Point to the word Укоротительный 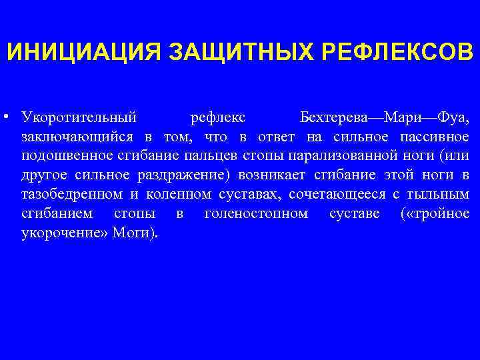click(x=79, y=118)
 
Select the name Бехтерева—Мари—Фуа click(x=385, y=118)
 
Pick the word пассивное click(x=435, y=137)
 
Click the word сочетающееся click(x=339, y=195)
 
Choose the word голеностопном click(x=256, y=215)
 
